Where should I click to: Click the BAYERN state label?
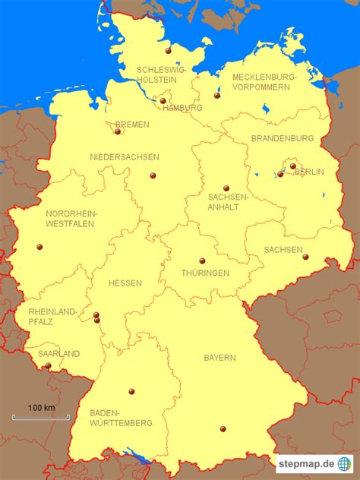[219, 357]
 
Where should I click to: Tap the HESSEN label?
[125, 283]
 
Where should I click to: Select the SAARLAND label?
[58, 353]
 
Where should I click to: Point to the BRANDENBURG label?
[283, 138]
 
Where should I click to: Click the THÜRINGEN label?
[205, 273]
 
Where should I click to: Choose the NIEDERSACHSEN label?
[125, 157]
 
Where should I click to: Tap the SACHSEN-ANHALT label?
[228, 201]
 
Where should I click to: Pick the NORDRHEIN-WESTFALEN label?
[71, 219]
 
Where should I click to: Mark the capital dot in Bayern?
[223, 429]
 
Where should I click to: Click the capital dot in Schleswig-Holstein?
[168, 52]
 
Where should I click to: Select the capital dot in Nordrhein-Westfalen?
[39, 246]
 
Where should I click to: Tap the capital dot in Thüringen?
[202, 261]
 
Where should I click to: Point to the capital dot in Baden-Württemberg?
[131, 392]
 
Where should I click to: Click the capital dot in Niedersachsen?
[153, 175]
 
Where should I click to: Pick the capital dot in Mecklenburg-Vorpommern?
[216, 96]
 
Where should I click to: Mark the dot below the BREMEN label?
[118, 131]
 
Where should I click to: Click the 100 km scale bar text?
[41, 408]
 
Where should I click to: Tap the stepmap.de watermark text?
[305, 463]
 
